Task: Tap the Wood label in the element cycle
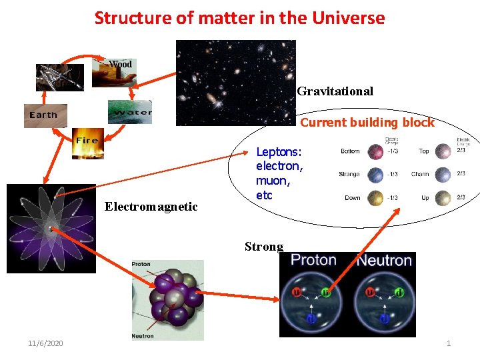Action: (121, 65)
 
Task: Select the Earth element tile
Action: (45, 115)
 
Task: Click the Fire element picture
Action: (87, 143)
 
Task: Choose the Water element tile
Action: (130, 111)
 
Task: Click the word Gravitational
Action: (335, 91)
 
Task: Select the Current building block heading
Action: (367, 123)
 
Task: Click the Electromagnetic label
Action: (151, 207)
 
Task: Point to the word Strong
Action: (263, 247)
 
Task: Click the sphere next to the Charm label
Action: (443, 175)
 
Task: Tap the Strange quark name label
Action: (349, 175)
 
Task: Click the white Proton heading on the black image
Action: (313, 260)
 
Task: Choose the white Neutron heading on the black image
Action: (385, 260)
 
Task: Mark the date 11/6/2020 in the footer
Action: (45, 343)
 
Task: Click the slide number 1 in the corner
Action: (449, 343)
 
